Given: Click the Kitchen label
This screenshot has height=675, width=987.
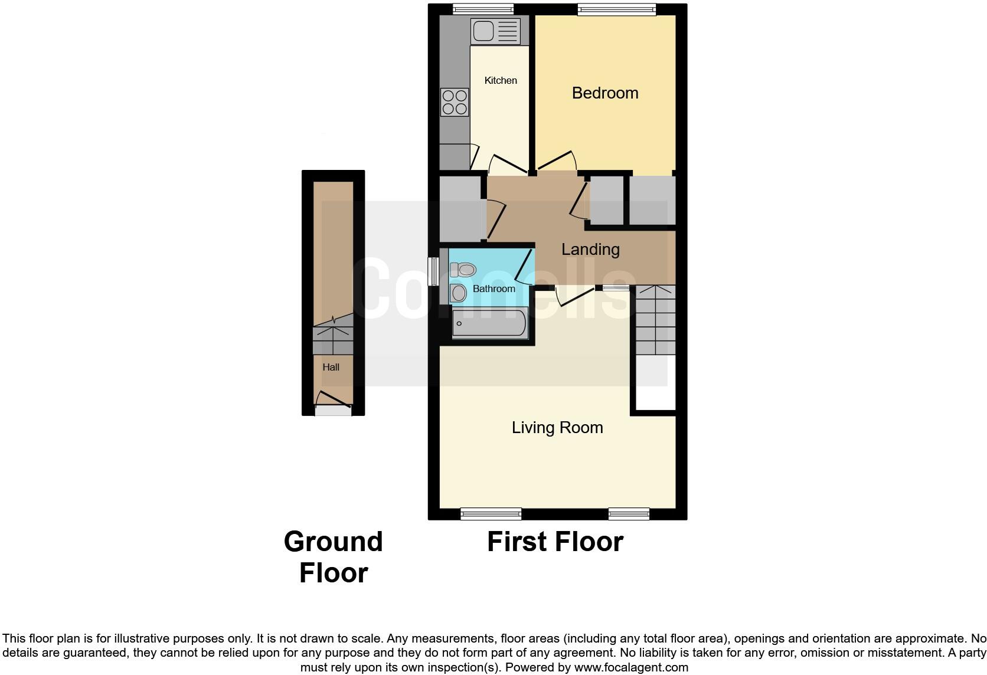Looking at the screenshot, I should [x=501, y=80].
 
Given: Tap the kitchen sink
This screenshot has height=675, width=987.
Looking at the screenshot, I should [x=495, y=31].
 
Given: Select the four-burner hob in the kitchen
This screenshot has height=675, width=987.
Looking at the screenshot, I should [x=455, y=102].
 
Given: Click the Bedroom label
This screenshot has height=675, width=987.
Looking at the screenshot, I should [x=605, y=93].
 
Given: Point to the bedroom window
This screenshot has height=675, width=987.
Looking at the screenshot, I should [x=616, y=9].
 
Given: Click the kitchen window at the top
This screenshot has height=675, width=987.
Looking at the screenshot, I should [x=483, y=9].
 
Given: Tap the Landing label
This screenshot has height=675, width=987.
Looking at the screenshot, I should [x=590, y=249].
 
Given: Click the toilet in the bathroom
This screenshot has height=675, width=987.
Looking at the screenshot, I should [x=463, y=270].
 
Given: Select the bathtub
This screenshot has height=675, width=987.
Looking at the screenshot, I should [x=489, y=323].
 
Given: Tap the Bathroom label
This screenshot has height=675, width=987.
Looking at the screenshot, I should [x=494, y=289].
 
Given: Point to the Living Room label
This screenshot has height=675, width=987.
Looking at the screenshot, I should [x=557, y=427].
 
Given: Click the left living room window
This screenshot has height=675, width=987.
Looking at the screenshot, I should [x=491, y=514].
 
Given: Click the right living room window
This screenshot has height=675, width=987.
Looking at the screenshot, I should [x=629, y=514].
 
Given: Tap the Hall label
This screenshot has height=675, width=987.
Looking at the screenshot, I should [x=331, y=367].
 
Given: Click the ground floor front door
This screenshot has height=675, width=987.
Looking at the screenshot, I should [x=333, y=411].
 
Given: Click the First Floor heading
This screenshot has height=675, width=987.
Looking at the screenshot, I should [x=555, y=542].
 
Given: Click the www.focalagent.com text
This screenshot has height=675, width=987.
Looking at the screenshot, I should [x=631, y=668].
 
